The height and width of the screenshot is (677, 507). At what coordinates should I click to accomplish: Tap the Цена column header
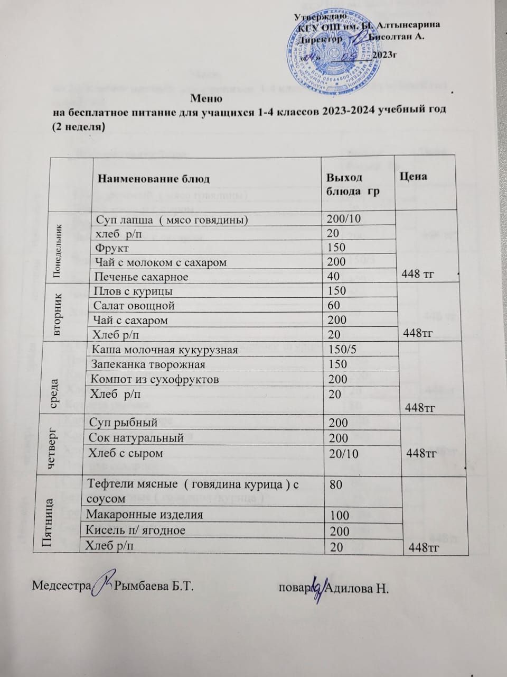414,176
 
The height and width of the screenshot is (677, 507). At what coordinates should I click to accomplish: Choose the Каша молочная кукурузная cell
164,350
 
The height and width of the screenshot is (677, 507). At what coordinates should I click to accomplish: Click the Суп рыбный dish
121,423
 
